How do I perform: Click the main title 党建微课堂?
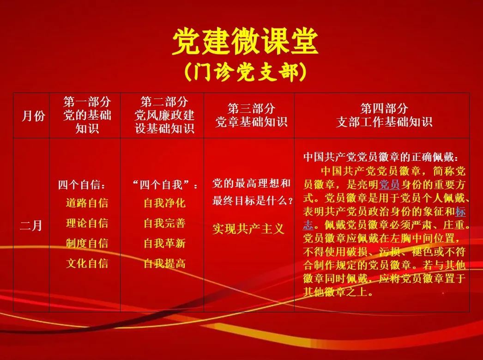coord(245,42)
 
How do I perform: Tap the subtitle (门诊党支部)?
coord(246,72)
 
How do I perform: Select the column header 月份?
coord(33,116)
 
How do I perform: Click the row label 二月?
coord(31,226)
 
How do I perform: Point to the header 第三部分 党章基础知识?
coord(251,115)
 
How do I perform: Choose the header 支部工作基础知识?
coord(384,122)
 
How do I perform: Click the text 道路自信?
coord(87,203)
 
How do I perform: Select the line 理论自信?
coord(87,223)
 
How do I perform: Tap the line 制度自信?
coord(87,243)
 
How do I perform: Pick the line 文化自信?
coord(87,263)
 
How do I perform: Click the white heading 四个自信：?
coord(82,185)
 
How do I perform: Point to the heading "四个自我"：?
coord(165,185)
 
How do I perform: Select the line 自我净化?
coord(165,203)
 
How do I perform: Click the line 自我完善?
coord(165,223)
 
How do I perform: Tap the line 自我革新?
coord(165,243)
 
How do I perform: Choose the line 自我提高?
coord(165,263)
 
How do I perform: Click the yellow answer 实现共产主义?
coord(248,229)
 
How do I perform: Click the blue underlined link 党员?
coord(389,184)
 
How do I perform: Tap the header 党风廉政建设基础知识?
coord(164,122)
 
